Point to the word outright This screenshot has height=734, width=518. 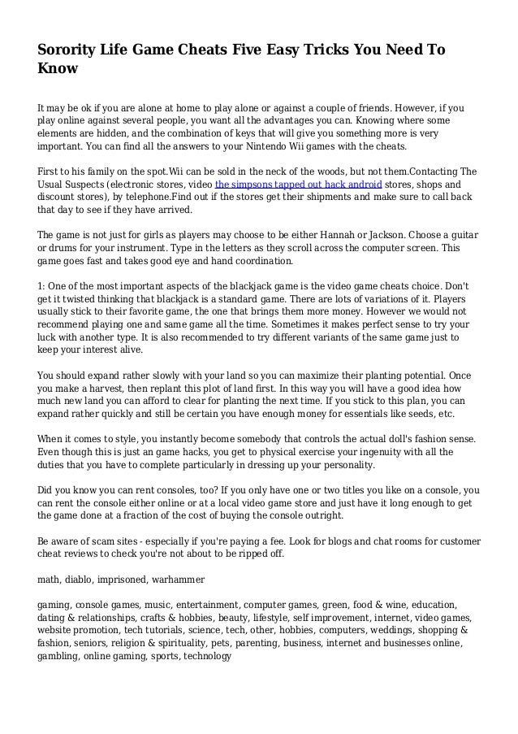pyautogui.click(x=321, y=515)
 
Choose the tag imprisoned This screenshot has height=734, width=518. pyautogui.click(x=130, y=580)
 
